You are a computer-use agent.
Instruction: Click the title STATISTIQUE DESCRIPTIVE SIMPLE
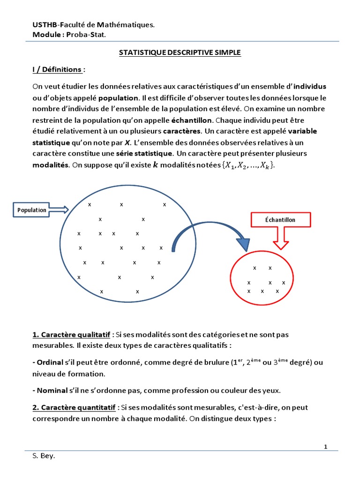(x=180, y=53)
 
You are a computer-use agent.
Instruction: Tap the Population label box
(x=32, y=210)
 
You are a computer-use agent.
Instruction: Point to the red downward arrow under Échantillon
(x=281, y=240)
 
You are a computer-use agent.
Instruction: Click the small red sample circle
(x=263, y=280)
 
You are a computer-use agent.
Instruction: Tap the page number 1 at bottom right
(x=325, y=447)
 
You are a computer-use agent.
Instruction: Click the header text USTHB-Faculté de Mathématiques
(x=93, y=24)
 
